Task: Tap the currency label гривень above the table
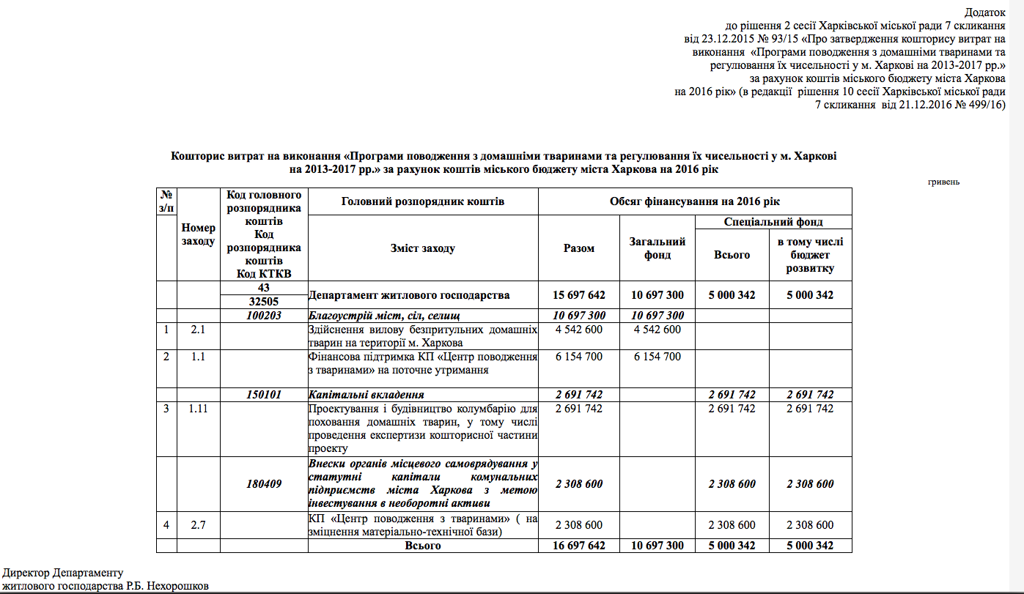(943, 182)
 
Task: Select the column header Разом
(579, 248)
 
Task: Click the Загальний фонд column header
(658, 248)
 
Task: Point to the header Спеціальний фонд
(773, 221)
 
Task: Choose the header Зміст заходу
(423, 248)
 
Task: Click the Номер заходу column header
(199, 234)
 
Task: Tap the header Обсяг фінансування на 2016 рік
(695, 201)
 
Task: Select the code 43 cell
(264, 288)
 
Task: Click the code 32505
(264, 301)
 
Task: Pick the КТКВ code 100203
(264, 315)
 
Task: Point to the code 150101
(264, 395)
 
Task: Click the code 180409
(264, 484)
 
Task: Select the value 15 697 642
(579, 294)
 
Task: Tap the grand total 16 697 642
(579, 546)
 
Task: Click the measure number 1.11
(199, 409)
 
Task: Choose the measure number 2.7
(199, 524)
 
